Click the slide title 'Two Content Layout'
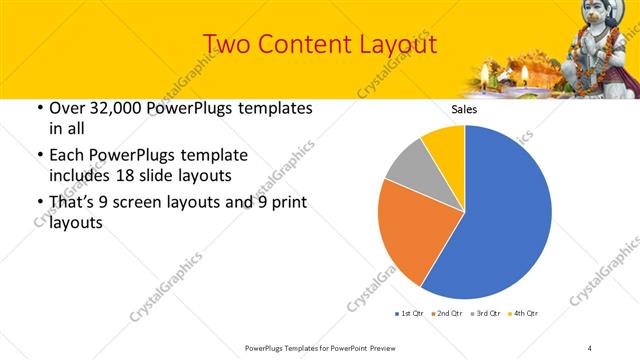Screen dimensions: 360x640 point(319,44)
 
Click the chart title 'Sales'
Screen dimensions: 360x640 point(464,110)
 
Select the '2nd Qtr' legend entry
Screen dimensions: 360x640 point(446,314)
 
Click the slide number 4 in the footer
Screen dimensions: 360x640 point(590,347)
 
